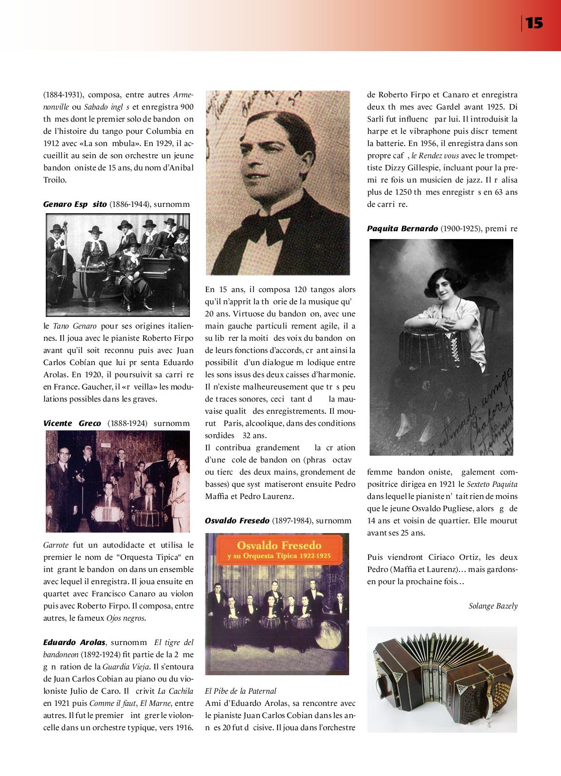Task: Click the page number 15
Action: [534, 23]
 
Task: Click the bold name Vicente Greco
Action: [72, 424]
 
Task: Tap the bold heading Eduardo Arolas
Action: [74, 643]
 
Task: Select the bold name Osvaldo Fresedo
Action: [237, 521]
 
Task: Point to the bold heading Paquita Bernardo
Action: [402, 228]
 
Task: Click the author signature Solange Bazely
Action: [493, 606]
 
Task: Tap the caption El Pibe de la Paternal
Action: [241, 691]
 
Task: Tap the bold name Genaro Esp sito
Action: [75, 204]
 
